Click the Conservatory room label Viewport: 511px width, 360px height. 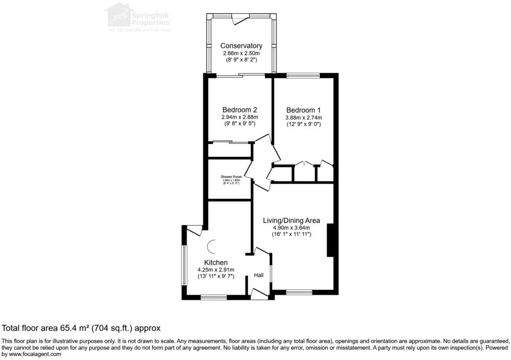coord(241,46)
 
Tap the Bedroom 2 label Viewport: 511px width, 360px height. coord(239,110)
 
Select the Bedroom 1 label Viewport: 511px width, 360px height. coord(303,110)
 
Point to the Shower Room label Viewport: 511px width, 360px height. coord(230,177)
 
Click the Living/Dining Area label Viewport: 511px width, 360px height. coord(292,220)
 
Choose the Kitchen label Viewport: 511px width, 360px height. coord(216,262)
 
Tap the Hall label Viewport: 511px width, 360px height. coord(259,275)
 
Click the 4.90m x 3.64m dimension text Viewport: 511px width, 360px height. coord(292,228)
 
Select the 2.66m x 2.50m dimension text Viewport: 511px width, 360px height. coord(241,53)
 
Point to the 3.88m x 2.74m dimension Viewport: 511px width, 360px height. coord(303,117)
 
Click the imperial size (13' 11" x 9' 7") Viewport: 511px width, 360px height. coord(216,276)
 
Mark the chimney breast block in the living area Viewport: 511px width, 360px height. coord(330,240)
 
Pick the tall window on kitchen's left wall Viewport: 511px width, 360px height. coord(184,265)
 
